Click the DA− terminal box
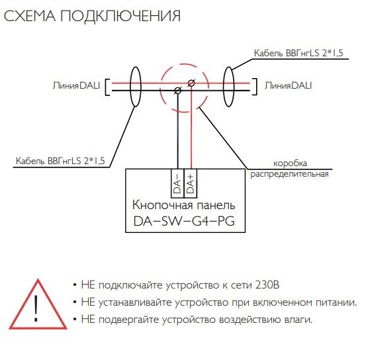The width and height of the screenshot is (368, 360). pos(178,183)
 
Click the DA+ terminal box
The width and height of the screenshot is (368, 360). pos(191,183)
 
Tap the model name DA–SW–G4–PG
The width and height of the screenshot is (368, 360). pos(184,221)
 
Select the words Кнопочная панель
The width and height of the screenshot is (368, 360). pos(183,205)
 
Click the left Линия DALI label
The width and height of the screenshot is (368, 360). pos(76,85)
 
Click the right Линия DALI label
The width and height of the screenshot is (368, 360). pos(288,85)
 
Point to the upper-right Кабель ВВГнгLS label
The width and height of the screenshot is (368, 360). pos(299,53)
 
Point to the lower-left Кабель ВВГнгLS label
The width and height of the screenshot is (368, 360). pos(60,161)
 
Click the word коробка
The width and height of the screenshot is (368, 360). pos(290,163)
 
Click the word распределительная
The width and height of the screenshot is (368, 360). pos(290,174)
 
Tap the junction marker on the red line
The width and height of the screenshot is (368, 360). pos(191,83)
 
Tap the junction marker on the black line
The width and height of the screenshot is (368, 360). pos(178,91)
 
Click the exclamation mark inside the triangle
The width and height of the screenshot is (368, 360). pos(36,308)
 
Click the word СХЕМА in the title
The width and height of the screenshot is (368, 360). pos(30,16)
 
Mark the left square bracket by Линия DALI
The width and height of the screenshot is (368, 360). pos(107,87)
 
